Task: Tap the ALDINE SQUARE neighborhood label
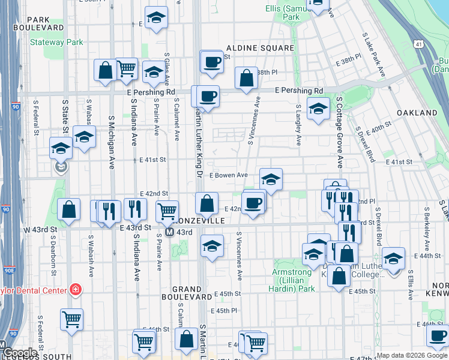point(260,48)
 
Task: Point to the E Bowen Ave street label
point(229,175)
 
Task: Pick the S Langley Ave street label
point(298,125)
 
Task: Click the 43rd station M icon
point(169,232)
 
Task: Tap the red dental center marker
point(75,290)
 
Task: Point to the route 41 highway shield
point(418,44)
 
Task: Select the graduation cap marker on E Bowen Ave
point(271,179)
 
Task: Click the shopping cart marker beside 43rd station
point(167,211)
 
